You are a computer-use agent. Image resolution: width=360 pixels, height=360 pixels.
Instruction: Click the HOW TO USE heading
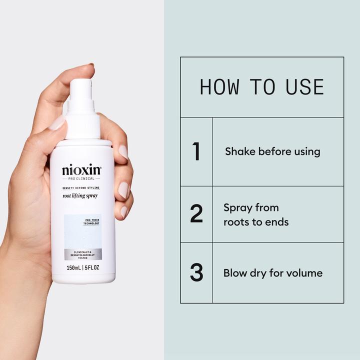pos(261,87)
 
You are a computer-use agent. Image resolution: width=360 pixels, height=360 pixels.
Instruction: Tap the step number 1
pos(196,151)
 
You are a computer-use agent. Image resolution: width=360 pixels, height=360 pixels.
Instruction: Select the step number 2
pos(196,214)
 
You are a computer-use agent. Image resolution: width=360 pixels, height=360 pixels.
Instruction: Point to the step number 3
pos(196,272)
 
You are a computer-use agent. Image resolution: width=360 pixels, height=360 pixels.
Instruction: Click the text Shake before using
pos(272,151)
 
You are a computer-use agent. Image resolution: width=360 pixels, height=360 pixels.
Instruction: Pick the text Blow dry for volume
pos(272,273)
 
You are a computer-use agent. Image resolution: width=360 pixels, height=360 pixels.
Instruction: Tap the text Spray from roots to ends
pos(255,214)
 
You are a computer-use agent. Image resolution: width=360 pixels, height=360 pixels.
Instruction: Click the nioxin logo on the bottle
pos(81,170)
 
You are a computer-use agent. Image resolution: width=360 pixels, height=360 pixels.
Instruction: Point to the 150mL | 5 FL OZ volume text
pos(82,268)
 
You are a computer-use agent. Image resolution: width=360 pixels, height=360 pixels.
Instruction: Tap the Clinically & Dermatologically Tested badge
pos(82,254)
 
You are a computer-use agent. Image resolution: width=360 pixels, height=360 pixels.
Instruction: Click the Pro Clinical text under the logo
pos(81,178)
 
